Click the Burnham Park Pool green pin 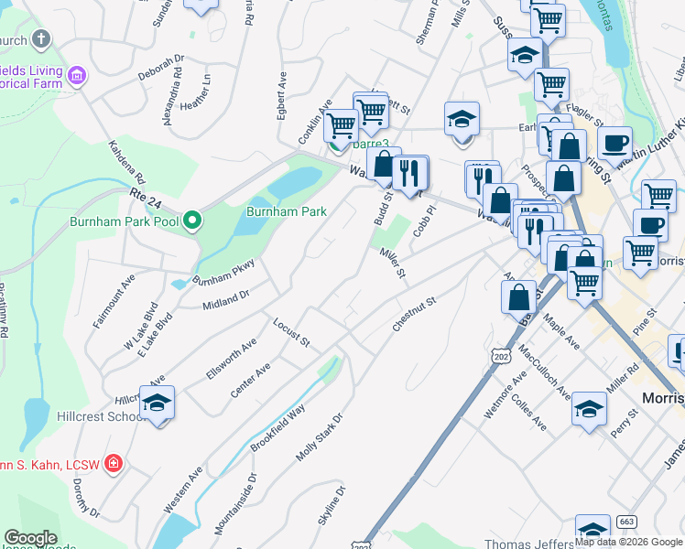192,221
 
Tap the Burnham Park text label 287,211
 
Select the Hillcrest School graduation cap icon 157,403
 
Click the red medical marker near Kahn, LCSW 114,464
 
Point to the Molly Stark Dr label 319,437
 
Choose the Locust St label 291,331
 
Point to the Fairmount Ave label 114,300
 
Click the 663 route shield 626,522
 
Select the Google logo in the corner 30,538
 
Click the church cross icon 39,39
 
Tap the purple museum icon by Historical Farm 76,74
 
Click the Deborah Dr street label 161,68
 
